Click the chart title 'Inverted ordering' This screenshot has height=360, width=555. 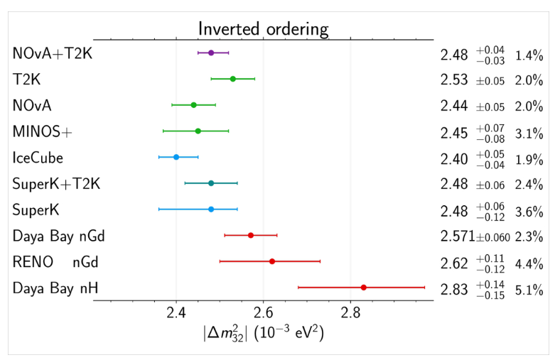point(263,29)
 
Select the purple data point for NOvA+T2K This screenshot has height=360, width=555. point(211,53)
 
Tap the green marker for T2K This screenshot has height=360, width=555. point(232,79)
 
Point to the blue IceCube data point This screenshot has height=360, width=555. point(176,157)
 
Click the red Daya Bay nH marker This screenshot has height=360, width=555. point(363,288)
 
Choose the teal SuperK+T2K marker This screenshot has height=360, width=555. point(211,183)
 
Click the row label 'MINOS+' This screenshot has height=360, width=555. point(43,131)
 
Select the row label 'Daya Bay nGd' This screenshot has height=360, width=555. point(59,236)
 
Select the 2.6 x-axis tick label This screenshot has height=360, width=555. point(264,312)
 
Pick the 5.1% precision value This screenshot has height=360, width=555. point(529,288)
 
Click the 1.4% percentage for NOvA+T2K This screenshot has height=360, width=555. point(529,53)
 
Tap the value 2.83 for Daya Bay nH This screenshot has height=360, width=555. point(455,288)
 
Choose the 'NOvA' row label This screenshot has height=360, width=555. point(32,105)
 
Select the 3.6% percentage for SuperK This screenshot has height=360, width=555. point(529,210)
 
